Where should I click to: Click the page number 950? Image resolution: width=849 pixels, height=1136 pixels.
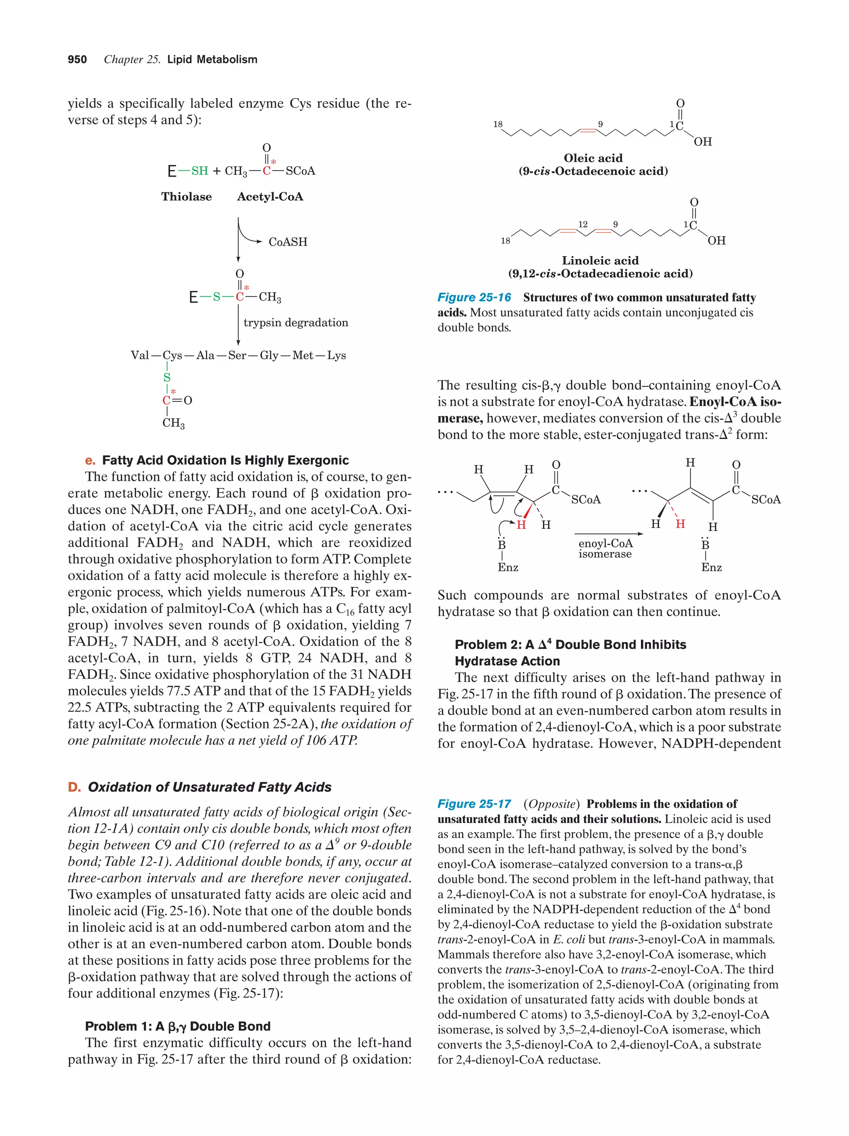[x=77, y=60]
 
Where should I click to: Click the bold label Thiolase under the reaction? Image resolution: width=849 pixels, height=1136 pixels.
[x=187, y=197]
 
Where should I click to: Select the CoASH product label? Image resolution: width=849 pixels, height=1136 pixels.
[x=288, y=242]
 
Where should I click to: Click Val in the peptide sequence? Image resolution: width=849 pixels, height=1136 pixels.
[x=140, y=355]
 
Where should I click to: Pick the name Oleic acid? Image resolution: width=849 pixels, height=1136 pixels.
[x=593, y=158]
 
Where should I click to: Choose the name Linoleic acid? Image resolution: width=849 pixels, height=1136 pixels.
[x=600, y=260]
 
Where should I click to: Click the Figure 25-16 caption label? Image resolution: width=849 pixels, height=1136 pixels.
[x=474, y=297]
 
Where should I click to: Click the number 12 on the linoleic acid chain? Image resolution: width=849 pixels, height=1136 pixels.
[x=583, y=225]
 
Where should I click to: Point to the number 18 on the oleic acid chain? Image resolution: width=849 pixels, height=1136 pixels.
[x=498, y=124]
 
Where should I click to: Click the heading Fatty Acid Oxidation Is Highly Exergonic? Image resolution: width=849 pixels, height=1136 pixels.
[x=225, y=460]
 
